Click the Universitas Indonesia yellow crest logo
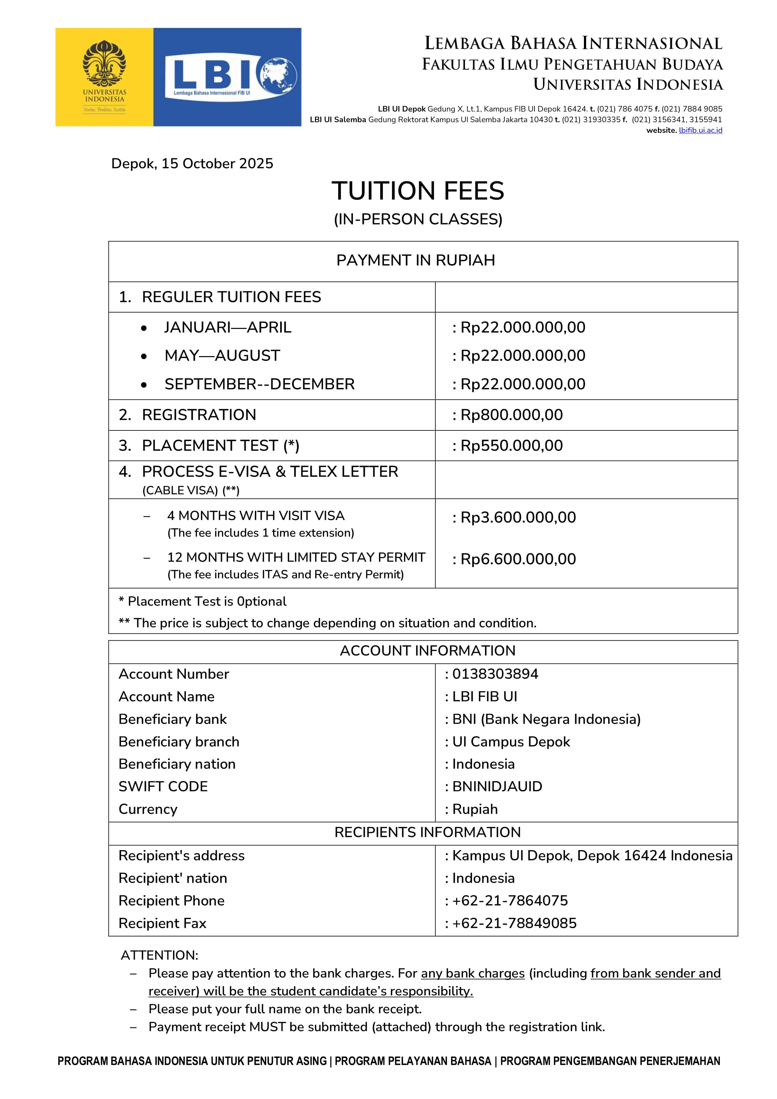pos(104,76)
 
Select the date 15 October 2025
pos(217,164)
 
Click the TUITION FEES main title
pos(417,191)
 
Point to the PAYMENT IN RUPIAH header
pos(416,260)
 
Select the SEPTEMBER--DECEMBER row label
pos(260,384)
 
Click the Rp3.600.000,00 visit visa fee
pos(518,518)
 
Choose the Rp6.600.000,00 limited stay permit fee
pos(518,559)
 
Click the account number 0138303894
pos(495,674)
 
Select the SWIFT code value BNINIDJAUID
pos(497,786)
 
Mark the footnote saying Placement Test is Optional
pos(202,602)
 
